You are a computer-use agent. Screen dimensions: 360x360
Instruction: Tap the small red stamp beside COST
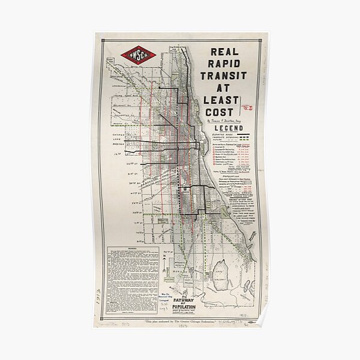point(246,108)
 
